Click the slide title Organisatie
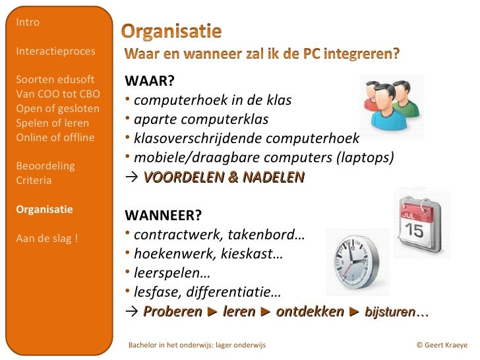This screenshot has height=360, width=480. pos(171,31)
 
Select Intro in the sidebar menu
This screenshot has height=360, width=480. pos(28,22)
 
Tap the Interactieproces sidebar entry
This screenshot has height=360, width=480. pos(55,51)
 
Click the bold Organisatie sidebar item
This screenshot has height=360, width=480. pos(44,210)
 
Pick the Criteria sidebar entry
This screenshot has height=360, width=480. pos(34,181)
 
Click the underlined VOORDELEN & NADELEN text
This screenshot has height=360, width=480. pos(224,177)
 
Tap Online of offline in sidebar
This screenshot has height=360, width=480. pos(55,138)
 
